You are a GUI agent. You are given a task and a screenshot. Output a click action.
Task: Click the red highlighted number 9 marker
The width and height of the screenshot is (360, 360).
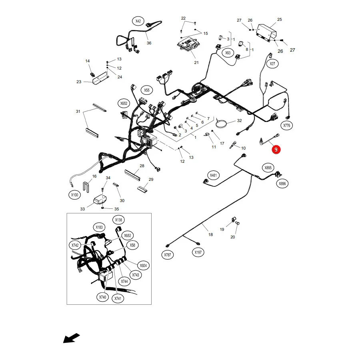(276, 150)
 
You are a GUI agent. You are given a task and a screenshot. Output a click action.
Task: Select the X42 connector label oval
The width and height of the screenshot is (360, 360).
(138, 21)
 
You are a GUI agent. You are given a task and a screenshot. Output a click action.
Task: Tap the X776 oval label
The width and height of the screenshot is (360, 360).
(286, 125)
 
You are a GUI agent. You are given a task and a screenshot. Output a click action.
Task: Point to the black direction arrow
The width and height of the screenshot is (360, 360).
(72, 338)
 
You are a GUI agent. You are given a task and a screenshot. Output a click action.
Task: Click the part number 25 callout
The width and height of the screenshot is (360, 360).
(280, 20)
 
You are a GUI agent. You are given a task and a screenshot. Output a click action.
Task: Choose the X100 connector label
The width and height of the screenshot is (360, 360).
(75, 195)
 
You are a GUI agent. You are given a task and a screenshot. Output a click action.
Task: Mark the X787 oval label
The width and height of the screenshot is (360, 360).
(167, 255)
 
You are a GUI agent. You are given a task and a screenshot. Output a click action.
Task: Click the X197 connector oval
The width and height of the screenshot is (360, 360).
(198, 252)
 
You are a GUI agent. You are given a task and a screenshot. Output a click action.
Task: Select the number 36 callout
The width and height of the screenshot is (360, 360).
(149, 43)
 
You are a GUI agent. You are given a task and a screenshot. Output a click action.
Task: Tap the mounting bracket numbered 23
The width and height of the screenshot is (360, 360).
(100, 78)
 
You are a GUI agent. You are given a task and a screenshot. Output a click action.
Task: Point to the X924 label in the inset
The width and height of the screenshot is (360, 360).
(143, 266)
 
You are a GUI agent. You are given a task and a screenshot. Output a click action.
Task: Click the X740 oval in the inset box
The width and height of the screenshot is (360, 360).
(103, 297)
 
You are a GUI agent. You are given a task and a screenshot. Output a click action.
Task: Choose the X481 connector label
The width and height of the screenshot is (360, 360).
(213, 175)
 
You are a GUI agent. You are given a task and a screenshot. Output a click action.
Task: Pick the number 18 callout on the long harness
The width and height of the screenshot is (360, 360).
(210, 234)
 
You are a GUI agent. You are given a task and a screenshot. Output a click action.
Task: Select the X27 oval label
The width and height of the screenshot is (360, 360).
(272, 64)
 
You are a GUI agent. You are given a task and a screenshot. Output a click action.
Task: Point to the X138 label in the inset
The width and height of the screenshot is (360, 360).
(118, 220)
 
